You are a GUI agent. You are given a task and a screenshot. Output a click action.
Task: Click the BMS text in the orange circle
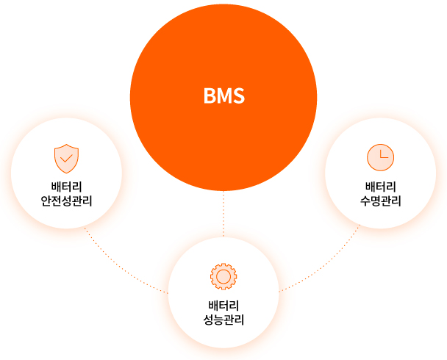pos(223,96)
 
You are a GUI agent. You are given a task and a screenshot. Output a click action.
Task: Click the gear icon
pos(223,276)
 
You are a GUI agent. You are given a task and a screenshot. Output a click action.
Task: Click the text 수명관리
pos(380,200)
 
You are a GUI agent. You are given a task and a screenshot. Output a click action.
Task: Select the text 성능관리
pos(223,320)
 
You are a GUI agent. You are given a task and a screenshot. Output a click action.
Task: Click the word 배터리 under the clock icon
pos(380,185)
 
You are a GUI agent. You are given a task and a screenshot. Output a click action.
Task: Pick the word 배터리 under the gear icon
pos(223,305)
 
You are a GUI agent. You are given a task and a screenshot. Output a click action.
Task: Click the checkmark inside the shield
pos(67,157)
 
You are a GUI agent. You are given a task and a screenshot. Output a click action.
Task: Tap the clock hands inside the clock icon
pos(382,156)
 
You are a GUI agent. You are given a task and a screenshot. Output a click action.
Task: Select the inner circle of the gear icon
pos(223,276)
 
